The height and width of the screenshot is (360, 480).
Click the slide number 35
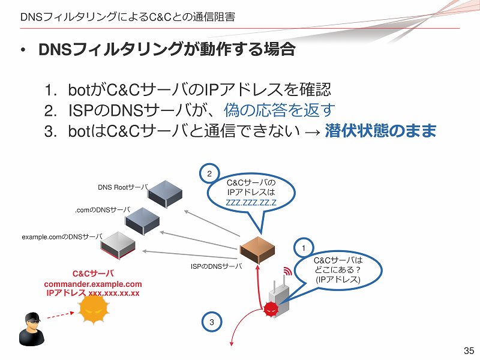click(x=469, y=350)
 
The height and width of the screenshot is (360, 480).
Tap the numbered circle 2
click(x=209, y=173)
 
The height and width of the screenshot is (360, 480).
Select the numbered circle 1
click(x=304, y=248)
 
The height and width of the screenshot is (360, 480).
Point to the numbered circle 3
click(x=212, y=322)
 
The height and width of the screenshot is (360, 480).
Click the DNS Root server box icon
click(x=166, y=194)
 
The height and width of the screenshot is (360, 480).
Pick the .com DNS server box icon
click(x=142, y=221)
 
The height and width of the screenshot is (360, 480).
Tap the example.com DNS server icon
click(x=118, y=245)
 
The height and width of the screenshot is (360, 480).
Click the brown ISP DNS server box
click(x=258, y=250)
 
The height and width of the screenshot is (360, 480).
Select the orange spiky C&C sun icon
click(x=94, y=309)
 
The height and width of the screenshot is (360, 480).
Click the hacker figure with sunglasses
click(x=32, y=329)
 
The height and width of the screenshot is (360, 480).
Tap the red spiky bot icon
click(x=271, y=309)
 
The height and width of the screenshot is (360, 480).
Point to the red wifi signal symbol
click(x=287, y=271)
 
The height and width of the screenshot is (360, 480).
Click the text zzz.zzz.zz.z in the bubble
click(x=251, y=202)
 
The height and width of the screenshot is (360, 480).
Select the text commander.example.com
click(x=93, y=284)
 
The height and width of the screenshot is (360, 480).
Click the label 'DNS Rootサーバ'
click(x=123, y=187)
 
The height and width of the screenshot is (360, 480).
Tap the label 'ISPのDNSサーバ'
click(x=217, y=266)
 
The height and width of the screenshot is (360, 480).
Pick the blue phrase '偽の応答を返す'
click(x=279, y=110)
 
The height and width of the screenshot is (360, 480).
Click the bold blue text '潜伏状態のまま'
click(x=380, y=131)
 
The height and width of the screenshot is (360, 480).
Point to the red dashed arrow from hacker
click(x=61, y=316)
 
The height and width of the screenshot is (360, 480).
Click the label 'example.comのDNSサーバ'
click(x=62, y=237)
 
